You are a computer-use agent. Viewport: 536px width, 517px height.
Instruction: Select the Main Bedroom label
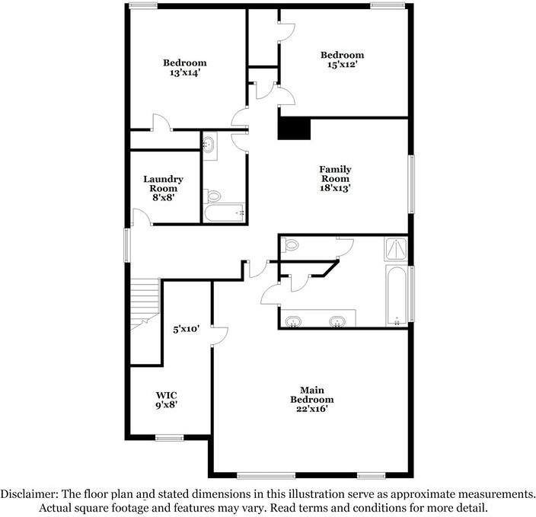[x=311, y=400]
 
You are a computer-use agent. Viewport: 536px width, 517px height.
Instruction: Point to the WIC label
[x=167, y=395]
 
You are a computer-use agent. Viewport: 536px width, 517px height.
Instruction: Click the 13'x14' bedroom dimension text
[x=185, y=73]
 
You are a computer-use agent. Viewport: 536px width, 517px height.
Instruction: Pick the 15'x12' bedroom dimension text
[x=342, y=65]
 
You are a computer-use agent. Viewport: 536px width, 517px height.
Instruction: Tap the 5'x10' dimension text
[x=186, y=330]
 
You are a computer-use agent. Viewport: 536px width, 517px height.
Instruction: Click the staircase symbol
[x=143, y=303]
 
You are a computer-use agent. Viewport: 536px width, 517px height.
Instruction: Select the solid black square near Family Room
[x=295, y=128]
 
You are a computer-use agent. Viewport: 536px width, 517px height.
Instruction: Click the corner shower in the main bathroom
[x=396, y=248]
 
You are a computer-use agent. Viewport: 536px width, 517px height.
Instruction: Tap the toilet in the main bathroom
[x=289, y=245]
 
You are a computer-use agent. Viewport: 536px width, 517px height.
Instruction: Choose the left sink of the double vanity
[x=293, y=321]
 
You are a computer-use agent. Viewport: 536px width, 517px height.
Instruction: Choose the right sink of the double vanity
[x=337, y=321]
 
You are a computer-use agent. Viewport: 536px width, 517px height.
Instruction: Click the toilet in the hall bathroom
[x=212, y=195]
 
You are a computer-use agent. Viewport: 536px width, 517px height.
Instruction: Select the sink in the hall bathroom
[x=210, y=144]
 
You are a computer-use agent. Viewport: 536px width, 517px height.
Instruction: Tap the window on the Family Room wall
[x=412, y=184]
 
